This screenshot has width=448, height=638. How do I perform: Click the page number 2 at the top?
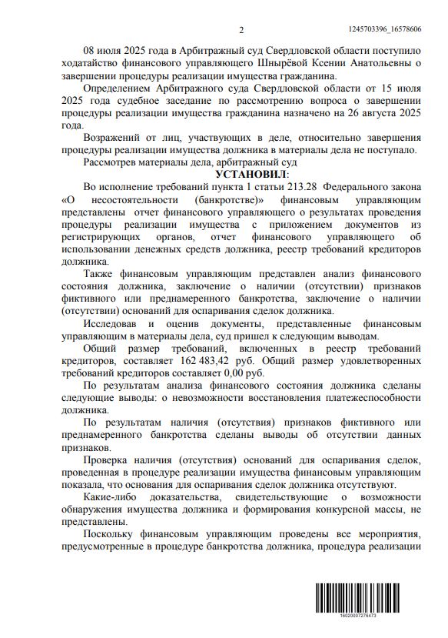241,30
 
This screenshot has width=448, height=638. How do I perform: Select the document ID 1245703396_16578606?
390,29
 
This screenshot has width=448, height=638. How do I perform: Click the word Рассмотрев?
112,163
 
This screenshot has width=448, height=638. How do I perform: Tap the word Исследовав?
114,323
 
